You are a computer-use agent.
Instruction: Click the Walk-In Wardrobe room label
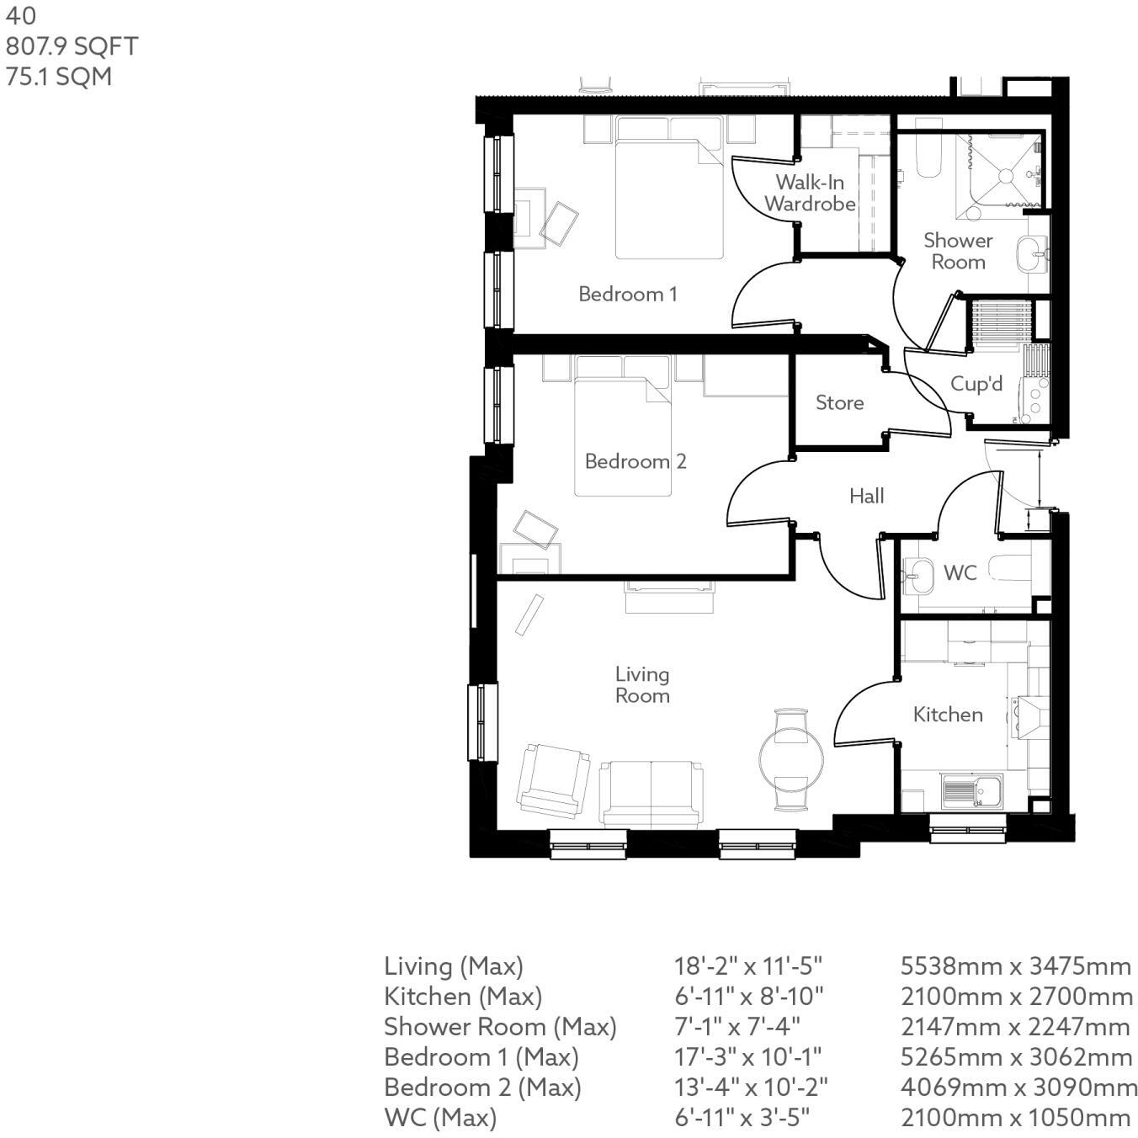click(810, 193)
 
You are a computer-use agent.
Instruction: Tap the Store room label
click(839, 403)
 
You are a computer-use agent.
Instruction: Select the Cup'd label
click(976, 385)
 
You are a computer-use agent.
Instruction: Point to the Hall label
click(866, 496)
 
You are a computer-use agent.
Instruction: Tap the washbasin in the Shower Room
click(1030, 253)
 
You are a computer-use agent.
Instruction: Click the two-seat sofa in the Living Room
click(651, 793)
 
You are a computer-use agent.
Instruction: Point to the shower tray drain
click(1003, 176)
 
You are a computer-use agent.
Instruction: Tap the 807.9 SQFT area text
click(72, 46)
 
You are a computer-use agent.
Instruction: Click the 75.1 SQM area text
click(59, 77)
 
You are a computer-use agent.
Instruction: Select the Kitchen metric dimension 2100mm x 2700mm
click(1016, 997)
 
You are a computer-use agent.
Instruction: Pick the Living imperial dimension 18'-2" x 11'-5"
click(747, 966)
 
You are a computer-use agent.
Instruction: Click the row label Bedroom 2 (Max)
click(482, 1087)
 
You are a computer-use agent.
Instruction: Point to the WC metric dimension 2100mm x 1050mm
click(1015, 1118)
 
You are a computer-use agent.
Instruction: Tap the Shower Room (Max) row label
click(500, 1027)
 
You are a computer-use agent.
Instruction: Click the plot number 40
click(21, 16)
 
